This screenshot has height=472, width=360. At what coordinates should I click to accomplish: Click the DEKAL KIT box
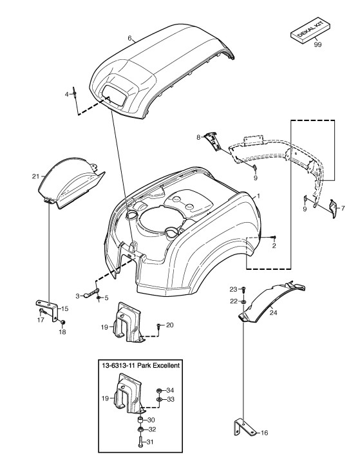(310, 32)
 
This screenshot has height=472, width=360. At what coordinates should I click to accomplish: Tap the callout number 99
(317, 44)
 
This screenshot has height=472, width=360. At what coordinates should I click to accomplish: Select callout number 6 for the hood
(129, 38)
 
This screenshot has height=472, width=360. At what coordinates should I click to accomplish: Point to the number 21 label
(35, 176)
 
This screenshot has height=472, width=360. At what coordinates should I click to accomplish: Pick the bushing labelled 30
(140, 420)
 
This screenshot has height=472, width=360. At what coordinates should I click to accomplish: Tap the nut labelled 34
(158, 391)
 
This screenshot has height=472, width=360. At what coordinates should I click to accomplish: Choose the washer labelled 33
(158, 399)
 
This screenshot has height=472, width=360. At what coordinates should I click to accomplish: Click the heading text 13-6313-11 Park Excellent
(140, 366)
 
